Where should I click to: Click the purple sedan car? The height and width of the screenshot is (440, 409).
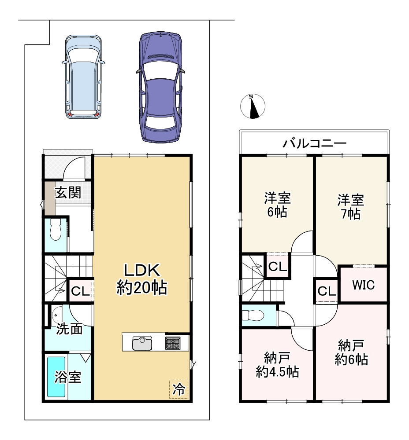[x=160, y=87]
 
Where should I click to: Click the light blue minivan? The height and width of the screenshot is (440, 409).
[x=83, y=77]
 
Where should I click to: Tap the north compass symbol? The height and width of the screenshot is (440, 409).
[x=253, y=106]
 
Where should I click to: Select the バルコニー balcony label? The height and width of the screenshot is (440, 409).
[x=314, y=143]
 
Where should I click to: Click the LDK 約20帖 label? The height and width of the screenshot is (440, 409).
[x=142, y=279]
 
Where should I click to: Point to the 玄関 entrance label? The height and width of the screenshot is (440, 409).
[x=68, y=193]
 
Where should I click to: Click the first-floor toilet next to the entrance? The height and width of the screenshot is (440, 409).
[x=56, y=229]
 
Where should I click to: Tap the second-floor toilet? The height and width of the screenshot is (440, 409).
[x=253, y=315]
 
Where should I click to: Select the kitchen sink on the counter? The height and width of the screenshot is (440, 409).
[x=142, y=343]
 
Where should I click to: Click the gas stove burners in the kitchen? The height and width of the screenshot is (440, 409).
[x=173, y=343]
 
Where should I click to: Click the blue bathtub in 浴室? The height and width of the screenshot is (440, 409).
[x=56, y=377]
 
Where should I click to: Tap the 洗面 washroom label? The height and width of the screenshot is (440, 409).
[x=69, y=329]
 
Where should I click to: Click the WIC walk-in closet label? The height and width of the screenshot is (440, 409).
[x=364, y=285]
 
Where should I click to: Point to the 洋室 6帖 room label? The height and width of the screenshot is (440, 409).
[x=277, y=205]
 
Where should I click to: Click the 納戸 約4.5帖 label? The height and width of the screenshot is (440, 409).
[x=277, y=365]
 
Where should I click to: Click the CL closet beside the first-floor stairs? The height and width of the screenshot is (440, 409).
[x=80, y=291]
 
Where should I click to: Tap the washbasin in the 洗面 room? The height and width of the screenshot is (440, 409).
[x=57, y=315]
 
